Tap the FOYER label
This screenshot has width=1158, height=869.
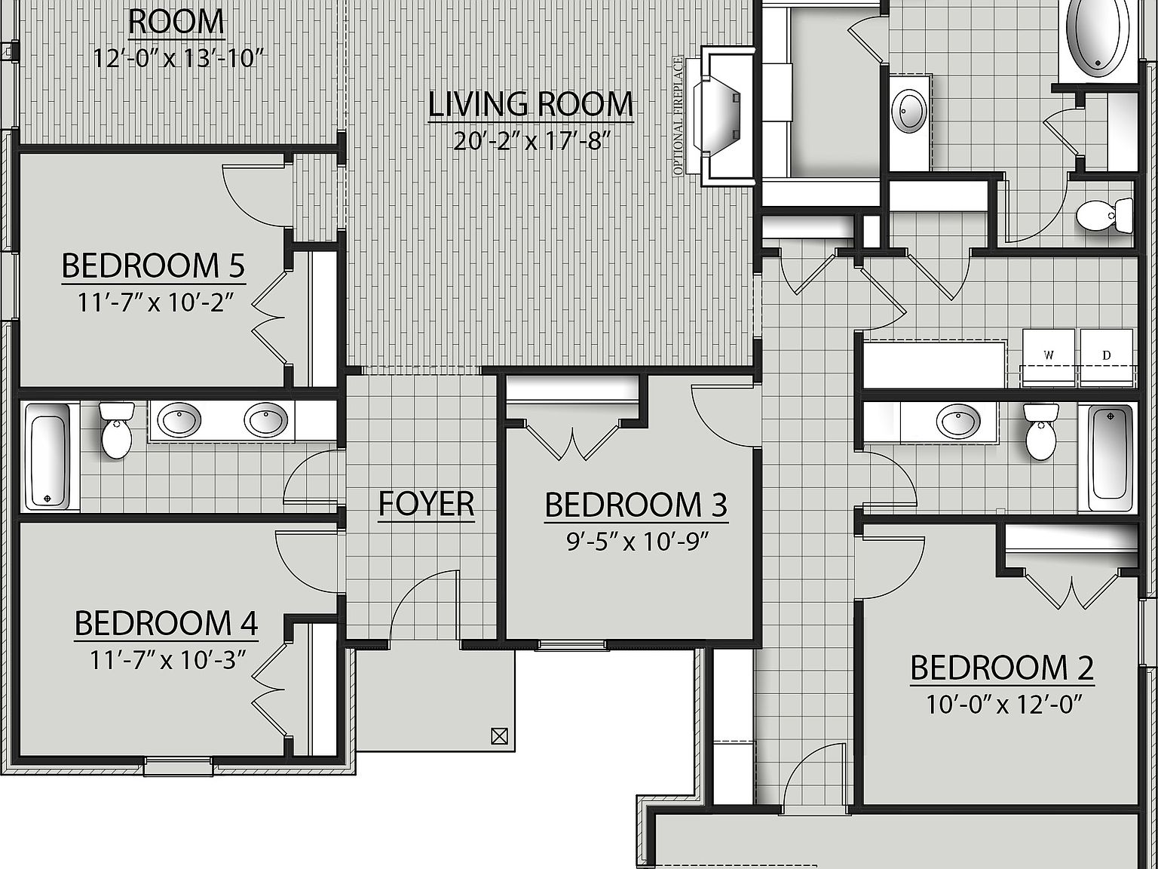coord(426,504)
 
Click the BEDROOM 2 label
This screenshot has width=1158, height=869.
coord(1002,668)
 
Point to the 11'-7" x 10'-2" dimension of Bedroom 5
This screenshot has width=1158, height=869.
coord(153,302)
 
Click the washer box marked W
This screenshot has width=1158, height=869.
coord(1049,355)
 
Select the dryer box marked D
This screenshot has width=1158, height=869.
coord(1107,355)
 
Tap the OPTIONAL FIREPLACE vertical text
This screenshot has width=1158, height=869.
coord(679,116)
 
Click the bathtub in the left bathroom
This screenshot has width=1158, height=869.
coord(47,456)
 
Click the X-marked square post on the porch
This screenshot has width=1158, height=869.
coord(498,735)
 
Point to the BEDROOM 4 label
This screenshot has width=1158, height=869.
coord(166,624)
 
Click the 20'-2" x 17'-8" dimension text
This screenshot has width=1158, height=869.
coord(531,141)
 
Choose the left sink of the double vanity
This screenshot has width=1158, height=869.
coord(179,419)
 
